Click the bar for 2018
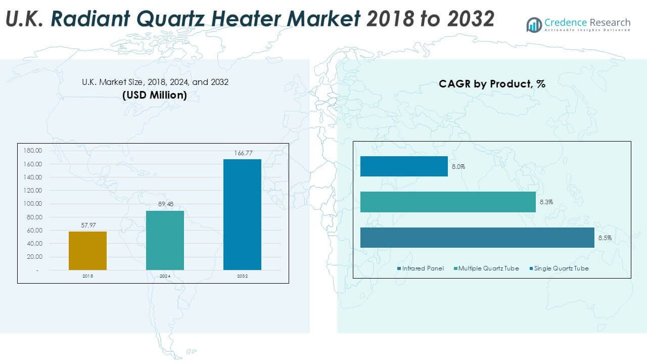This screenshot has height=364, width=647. pyautogui.click(x=87, y=251)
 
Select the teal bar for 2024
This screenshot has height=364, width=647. pyautogui.click(x=165, y=240)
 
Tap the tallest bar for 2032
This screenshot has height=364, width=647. pyautogui.click(x=242, y=214)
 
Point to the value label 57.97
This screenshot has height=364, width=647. pyautogui.click(x=88, y=225)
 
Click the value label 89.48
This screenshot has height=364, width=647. pyautogui.click(x=165, y=204)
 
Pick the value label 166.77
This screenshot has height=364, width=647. pyautogui.click(x=242, y=153)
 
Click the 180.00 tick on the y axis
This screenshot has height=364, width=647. pyautogui.click(x=31, y=151)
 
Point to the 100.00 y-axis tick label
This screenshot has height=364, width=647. pyautogui.click(x=31, y=204)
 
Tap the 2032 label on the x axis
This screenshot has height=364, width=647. pyautogui.click(x=242, y=277)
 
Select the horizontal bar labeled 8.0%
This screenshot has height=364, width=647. pyautogui.click(x=404, y=166)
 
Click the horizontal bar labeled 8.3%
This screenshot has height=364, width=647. pyautogui.click(x=448, y=202)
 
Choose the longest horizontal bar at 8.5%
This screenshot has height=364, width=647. pyautogui.click(x=477, y=238)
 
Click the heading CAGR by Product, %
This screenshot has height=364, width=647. pyautogui.click(x=492, y=84)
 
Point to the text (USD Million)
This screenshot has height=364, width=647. pyautogui.click(x=155, y=95)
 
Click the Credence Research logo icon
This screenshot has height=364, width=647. pyautogui.click(x=534, y=25)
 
